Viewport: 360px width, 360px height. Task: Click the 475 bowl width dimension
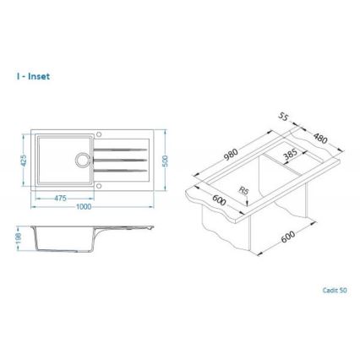click(59, 198)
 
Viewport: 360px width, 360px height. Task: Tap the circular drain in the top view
click(83, 160)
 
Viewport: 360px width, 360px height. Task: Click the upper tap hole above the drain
click(99, 134)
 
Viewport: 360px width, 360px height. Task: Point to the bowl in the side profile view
click(59, 238)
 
